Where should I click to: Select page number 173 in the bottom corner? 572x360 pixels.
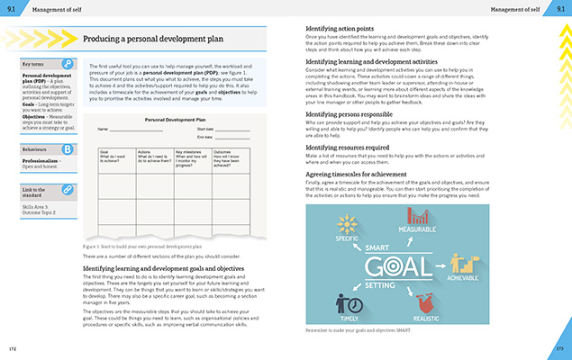click(x=559, y=347)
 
